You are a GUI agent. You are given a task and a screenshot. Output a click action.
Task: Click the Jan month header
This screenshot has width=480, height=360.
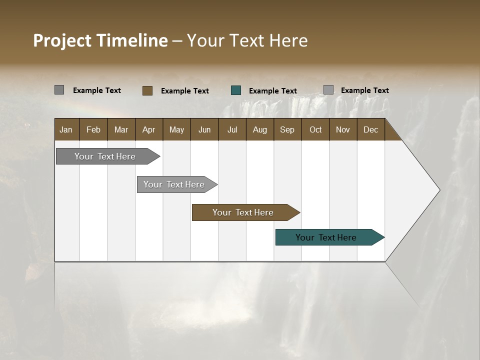point(66,129)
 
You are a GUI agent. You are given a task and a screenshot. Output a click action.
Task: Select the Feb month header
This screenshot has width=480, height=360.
point(93,129)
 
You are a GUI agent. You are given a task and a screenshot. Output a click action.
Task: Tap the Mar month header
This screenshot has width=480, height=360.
point(121,129)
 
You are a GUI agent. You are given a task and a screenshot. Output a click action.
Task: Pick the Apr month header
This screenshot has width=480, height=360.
point(148,129)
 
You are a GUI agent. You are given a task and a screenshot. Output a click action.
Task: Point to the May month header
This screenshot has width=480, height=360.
point(176,129)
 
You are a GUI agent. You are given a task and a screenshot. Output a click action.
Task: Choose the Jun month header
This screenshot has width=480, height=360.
point(204,129)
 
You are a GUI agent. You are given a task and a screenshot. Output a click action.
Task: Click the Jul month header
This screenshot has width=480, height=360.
point(232,129)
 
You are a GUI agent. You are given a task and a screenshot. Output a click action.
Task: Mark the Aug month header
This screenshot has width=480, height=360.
point(259,129)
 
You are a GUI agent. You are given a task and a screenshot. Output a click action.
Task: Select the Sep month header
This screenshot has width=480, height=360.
point(287,129)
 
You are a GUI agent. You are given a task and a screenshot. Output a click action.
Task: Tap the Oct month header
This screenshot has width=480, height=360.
point(315,129)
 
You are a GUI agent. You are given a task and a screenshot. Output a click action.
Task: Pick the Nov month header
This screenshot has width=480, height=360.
point(343,129)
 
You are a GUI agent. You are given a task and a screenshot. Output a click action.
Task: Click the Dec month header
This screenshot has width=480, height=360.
point(370,129)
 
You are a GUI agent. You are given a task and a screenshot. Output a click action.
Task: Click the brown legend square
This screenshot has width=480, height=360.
point(147,90)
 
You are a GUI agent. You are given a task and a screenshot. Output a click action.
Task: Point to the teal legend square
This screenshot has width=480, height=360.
point(236,90)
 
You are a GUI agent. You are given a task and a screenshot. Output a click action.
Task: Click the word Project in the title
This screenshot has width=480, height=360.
point(62,40)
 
